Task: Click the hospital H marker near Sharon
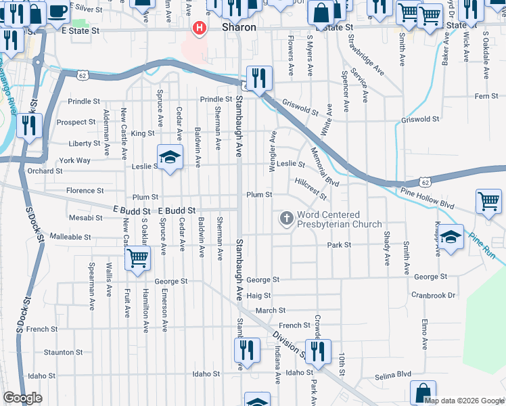[x=200, y=28]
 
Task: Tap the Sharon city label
[x=239, y=28]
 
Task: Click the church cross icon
[x=286, y=218]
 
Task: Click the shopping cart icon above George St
[x=137, y=258]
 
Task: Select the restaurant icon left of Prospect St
[x=29, y=126]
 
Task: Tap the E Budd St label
[x=177, y=211]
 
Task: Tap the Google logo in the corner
[x=22, y=397]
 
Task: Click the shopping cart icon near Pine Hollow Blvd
[x=488, y=200]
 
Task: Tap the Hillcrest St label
[x=310, y=189]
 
